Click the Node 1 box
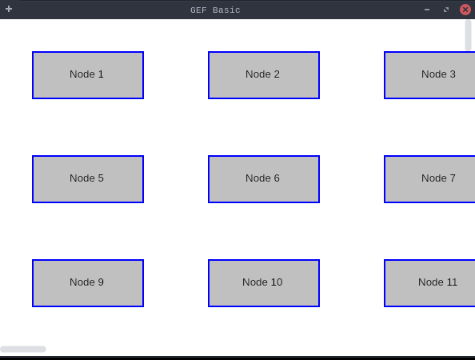click(x=88, y=75)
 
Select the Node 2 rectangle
click(x=264, y=75)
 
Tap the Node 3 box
click(x=429, y=75)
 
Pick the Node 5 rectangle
click(x=88, y=179)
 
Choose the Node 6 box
click(x=264, y=179)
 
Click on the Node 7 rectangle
click(x=429, y=179)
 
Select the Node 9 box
click(x=88, y=283)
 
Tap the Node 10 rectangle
click(x=264, y=283)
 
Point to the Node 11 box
click(x=429, y=283)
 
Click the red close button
click(x=465, y=10)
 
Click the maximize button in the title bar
click(x=446, y=10)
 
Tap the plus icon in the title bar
click(x=9, y=9)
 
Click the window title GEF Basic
click(x=215, y=10)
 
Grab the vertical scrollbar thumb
click(x=468, y=35)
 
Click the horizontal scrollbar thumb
click(x=23, y=349)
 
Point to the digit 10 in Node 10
click(x=277, y=282)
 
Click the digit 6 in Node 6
click(x=277, y=178)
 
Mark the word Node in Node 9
click(x=82, y=282)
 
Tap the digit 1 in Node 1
click(x=101, y=74)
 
